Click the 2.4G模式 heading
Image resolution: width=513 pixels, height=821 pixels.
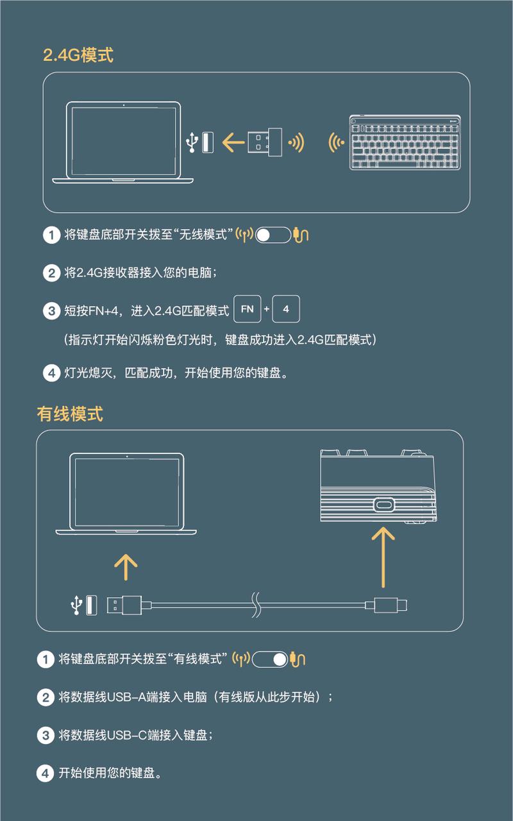click(78, 55)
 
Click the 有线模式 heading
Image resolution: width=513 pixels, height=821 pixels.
click(70, 414)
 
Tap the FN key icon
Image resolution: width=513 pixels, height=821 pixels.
click(248, 309)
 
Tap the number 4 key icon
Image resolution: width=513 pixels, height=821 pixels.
click(286, 309)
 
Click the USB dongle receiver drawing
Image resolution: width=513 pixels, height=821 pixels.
click(265, 142)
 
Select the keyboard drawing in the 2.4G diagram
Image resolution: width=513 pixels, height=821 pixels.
click(405, 142)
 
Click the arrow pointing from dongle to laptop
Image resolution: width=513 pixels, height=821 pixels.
click(233, 142)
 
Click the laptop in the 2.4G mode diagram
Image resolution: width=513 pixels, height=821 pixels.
click(122, 142)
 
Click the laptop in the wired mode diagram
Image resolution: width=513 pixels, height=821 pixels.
click(126, 493)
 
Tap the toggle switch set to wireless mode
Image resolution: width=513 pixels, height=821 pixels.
click(273, 235)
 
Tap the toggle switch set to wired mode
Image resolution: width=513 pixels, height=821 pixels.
click(270, 659)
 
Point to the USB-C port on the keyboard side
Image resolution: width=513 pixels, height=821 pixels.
click(383, 505)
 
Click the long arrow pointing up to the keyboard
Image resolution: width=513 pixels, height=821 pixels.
click(383, 557)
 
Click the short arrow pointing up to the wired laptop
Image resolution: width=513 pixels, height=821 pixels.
click(126, 567)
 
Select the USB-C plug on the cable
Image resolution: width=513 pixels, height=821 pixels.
click(386, 605)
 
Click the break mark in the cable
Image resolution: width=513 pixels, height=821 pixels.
click(256, 605)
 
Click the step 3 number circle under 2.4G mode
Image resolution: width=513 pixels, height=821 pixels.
click(51, 311)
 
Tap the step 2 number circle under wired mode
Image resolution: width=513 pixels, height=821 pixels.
click(46, 697)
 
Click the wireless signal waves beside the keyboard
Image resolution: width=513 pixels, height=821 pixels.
click(335, 142)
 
